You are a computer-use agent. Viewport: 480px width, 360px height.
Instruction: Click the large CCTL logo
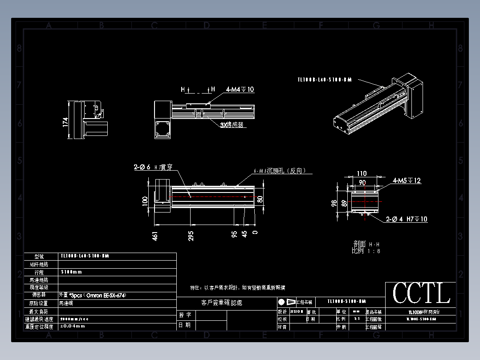(x=421, y=293)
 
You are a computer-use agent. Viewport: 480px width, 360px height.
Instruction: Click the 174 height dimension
(x=66, y=122)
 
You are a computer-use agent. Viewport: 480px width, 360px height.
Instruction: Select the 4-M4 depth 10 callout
(x=240, y=90)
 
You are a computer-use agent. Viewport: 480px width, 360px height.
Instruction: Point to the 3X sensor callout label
(x=232, y=125)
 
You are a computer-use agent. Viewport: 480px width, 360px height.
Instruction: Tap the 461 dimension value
(x=155, y=235)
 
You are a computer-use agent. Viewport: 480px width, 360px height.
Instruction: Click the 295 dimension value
(x=191, y=235)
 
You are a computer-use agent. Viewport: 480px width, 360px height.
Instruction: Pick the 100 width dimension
(x=145, y=200)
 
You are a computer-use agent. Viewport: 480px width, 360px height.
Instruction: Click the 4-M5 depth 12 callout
(x=407, y=181)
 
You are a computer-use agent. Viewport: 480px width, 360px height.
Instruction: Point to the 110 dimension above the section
(x=362, y=174)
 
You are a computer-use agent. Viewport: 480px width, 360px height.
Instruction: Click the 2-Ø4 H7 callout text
(x=406, y=219)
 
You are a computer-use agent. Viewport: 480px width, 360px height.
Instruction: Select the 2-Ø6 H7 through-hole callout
(x=153, y=168)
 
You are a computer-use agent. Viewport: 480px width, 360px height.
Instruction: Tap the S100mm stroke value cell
(x=71, y=272)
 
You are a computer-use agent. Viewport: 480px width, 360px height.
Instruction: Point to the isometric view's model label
(x=325, y=80)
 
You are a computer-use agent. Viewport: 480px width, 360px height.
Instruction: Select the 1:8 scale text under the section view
(x=366, y=251)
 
